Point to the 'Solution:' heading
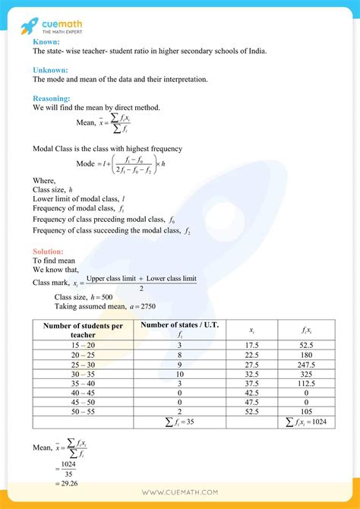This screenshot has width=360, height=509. tap(49, 251)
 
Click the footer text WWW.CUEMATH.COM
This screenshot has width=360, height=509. tap(180, 492)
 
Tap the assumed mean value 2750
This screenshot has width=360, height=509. tap(146, 306)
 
